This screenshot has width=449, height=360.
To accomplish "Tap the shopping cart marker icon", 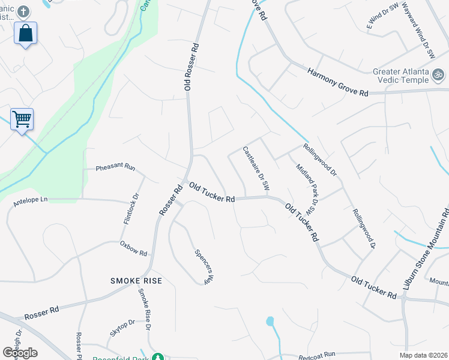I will point(22,119).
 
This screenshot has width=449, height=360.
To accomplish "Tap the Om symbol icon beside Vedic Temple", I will point(438,76).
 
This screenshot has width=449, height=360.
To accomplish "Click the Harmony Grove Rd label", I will point(337,82).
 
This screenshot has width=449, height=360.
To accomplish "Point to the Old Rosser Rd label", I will point(191,67).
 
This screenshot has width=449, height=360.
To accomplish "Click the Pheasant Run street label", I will point(115,167).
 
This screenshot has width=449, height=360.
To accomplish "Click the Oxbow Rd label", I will point(133,248).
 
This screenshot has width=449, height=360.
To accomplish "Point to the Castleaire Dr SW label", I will point(256,170).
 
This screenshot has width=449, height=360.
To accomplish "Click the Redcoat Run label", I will point(316,355).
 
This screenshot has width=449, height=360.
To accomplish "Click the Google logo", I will point(20,352).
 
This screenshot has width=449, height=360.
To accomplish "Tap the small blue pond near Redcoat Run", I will point(270,321).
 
